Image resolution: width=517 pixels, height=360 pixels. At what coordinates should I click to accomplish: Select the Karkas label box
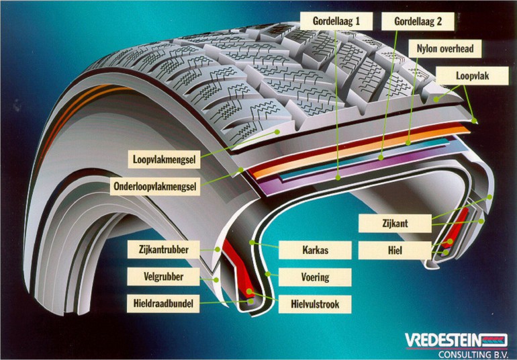(314, 251)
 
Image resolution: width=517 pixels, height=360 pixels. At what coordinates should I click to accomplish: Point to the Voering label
(314, 277)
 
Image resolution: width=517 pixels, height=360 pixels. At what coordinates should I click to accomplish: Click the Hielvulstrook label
(314, 304)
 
